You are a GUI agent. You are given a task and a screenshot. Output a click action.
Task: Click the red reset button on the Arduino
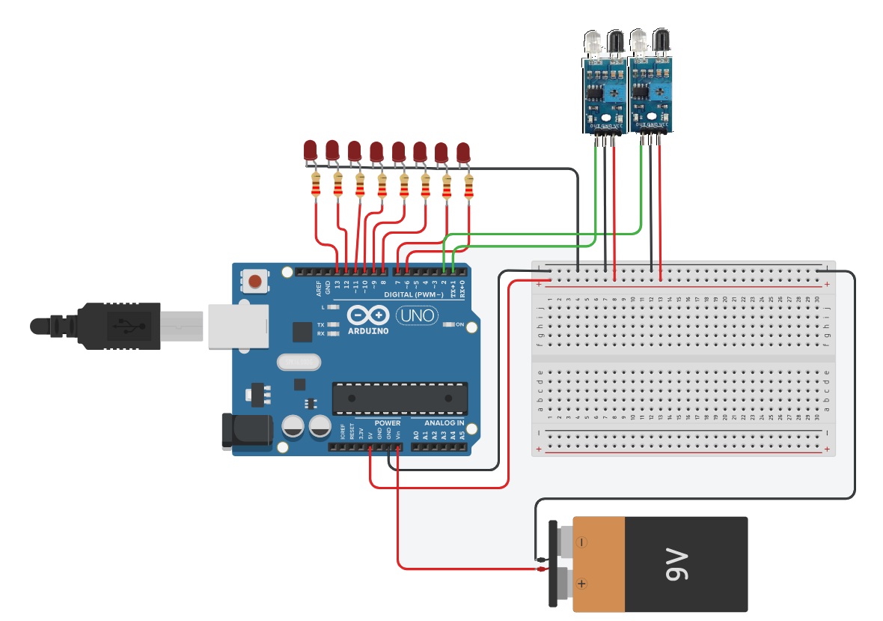255,282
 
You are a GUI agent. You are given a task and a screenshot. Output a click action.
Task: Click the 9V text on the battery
676,563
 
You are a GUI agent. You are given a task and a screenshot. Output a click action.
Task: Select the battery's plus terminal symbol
581,583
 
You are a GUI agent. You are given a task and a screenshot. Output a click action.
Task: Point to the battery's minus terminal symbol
581,541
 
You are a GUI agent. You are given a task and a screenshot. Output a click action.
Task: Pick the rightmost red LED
463,152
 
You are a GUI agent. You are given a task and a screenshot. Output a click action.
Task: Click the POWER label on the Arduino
387,422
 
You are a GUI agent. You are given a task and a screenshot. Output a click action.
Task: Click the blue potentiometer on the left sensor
614,93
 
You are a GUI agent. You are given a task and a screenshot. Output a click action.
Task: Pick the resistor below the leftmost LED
316,184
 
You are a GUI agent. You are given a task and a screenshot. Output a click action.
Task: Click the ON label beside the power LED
460,324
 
